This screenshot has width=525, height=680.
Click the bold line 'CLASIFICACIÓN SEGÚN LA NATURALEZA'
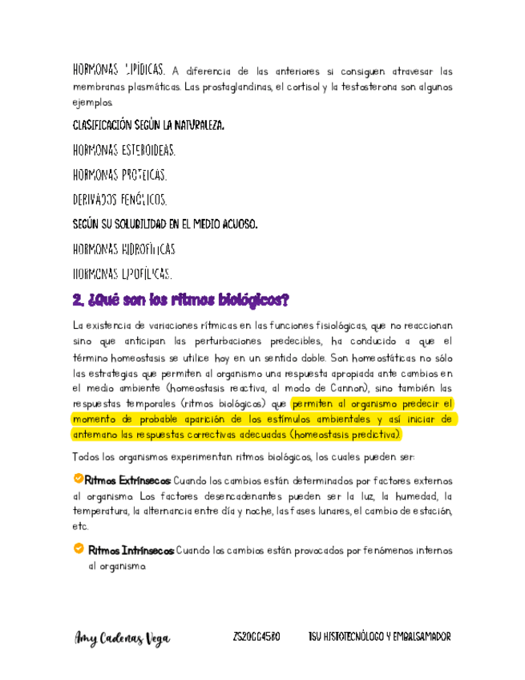[149, 126]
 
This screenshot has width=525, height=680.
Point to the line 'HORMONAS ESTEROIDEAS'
[124, 150]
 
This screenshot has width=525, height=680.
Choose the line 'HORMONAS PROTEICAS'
[119, 175]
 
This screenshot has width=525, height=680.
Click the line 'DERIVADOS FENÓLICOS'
[120, 199]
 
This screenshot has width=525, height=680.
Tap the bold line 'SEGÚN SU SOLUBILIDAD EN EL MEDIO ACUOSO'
[165, 225]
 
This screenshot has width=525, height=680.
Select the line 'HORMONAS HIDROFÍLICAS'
[124, 249]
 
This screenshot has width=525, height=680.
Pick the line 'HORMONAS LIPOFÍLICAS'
[123, 274]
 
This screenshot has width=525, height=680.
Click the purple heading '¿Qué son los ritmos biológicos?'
[180, 301]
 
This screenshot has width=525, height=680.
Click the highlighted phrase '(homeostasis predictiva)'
[347, 435]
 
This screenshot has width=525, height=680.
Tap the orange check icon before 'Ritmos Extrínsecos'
[78, 479]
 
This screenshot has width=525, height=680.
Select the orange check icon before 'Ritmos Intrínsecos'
[79, 549]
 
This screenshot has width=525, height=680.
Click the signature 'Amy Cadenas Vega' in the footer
[122, 637]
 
